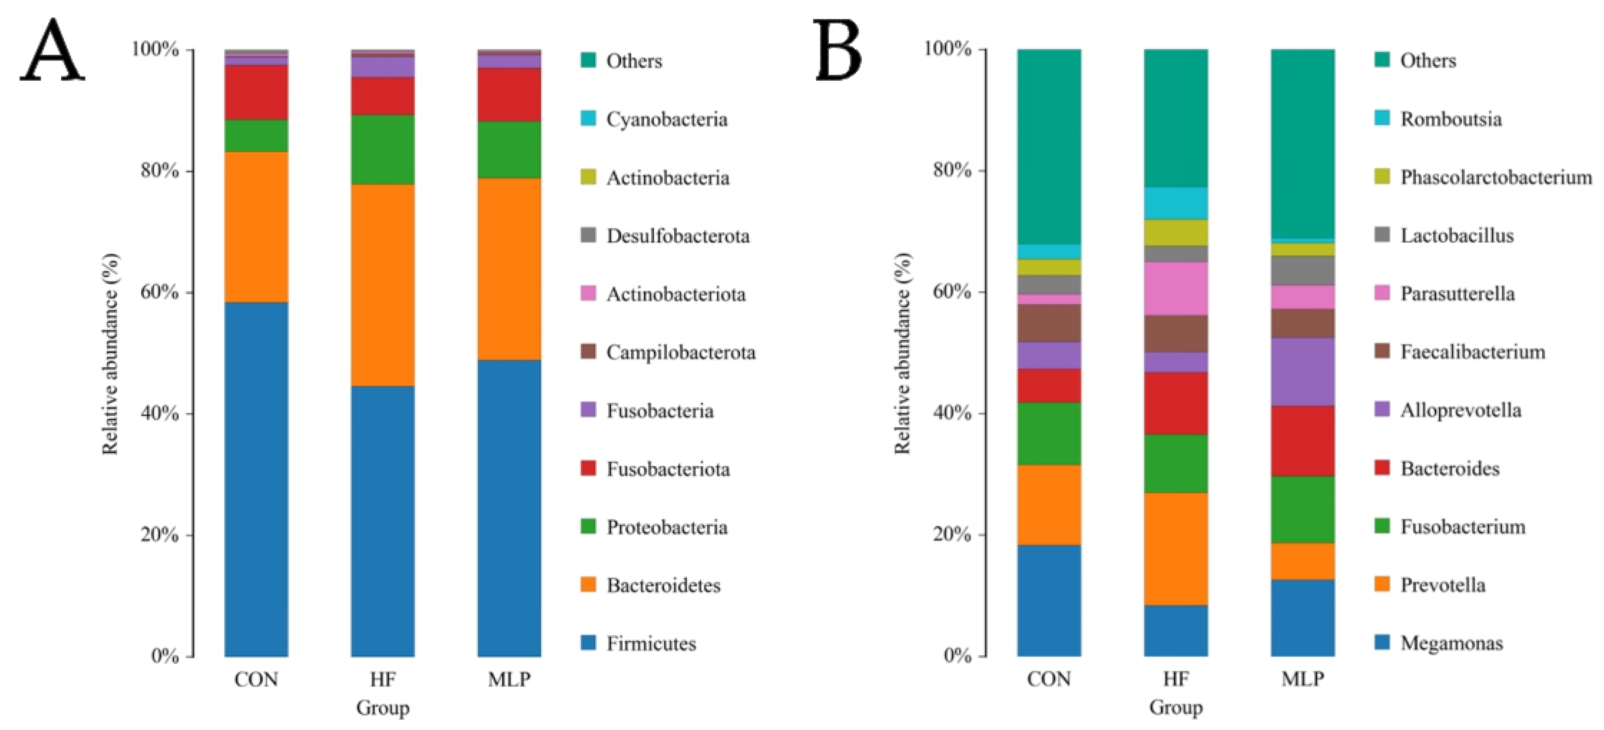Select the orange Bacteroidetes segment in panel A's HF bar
click(x=383, y=285)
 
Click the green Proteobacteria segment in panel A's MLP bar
click(x=509, y=150)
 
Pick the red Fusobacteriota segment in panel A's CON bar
click(x=256, y=92)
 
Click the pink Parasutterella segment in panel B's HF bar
click(x=1176, y=289)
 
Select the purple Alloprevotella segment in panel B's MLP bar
click(x=1302, y=372)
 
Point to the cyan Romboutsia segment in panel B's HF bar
click(x=1176, y=203)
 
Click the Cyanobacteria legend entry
click(x=666, y=119)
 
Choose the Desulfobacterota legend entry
click(x=677, y=236)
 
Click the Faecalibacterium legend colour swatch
click(x=1382, y=351)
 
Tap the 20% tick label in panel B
click(x=952, y=534)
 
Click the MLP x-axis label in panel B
click(x=1302, y=678)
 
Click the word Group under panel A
click(x=383, y=708)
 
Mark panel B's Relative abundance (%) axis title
click(x=902, y=353)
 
